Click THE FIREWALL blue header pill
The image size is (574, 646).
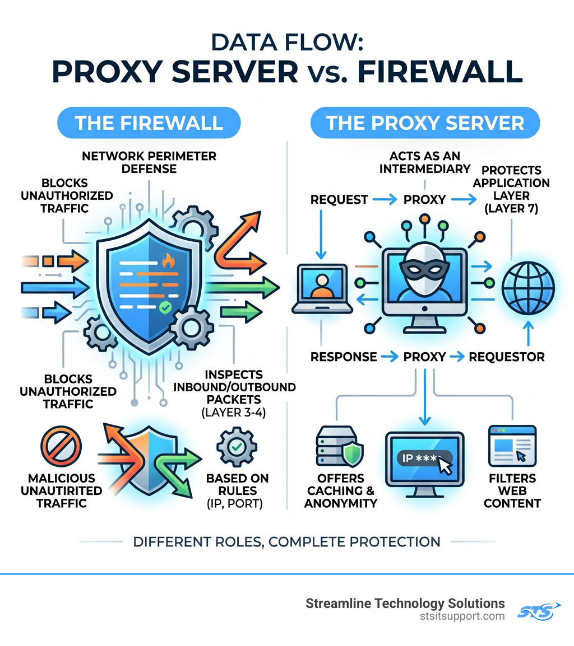[149, 123]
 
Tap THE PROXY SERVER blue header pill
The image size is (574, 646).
[425, 123]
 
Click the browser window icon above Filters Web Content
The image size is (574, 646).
[511, 446]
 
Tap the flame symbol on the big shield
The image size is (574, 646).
[167, 260]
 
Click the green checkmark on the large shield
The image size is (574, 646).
[164, 307]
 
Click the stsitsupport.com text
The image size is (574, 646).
[462, 616]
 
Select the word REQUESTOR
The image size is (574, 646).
[506, 357]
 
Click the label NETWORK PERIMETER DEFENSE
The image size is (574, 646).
[149, 162]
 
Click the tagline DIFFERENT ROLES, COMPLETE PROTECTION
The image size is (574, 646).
[287, 541]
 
